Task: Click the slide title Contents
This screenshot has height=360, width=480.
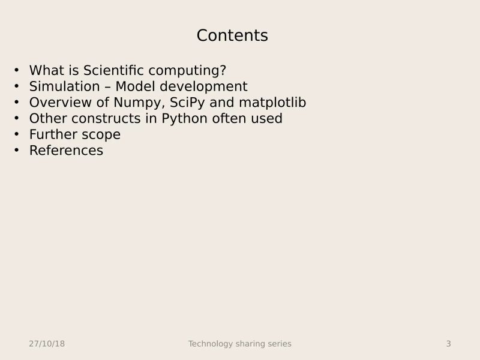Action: (232, 36)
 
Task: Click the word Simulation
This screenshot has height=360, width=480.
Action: (64, 86)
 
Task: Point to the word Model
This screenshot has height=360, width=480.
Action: (136, 86)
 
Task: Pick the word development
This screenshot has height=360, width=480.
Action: (203, 86)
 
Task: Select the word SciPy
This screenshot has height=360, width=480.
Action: (188, 103)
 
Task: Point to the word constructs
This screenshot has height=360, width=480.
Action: (114, 119)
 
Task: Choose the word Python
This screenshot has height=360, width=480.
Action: (184, 119)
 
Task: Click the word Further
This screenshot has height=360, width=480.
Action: (52, 134)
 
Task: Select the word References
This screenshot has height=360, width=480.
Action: (66, 151)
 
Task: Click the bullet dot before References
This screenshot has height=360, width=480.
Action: (16, 151)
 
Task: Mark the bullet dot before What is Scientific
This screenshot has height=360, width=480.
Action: (16, 70)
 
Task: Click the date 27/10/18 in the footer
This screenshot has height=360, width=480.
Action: (47, 344)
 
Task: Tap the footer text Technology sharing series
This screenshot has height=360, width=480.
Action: (239, 344)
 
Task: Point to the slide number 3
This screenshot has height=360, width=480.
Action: (448, 344)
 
